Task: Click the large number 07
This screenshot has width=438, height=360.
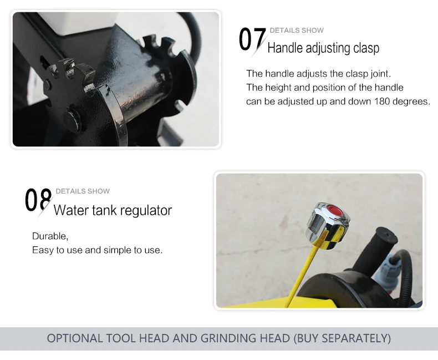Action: (x=252, y=39)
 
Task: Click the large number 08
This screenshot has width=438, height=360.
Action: (x=38, y=200)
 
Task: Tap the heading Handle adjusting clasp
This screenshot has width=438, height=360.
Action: (x=323, y=48)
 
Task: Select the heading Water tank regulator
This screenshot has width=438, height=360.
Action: (x=113, y=210)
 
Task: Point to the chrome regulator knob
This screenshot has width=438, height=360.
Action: (x=328, y=226)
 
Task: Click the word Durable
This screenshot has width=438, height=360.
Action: (x=50, y=236)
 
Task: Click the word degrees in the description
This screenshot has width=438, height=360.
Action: (x=411, y=102)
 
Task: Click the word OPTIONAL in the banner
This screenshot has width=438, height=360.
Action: (x=75, y=338)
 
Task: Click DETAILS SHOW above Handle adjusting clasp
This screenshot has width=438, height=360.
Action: (x=297, y=30)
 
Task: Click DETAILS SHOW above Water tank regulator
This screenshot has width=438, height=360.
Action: (x=83, y=191)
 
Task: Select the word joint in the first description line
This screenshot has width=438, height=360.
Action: (x=380, y=74)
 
